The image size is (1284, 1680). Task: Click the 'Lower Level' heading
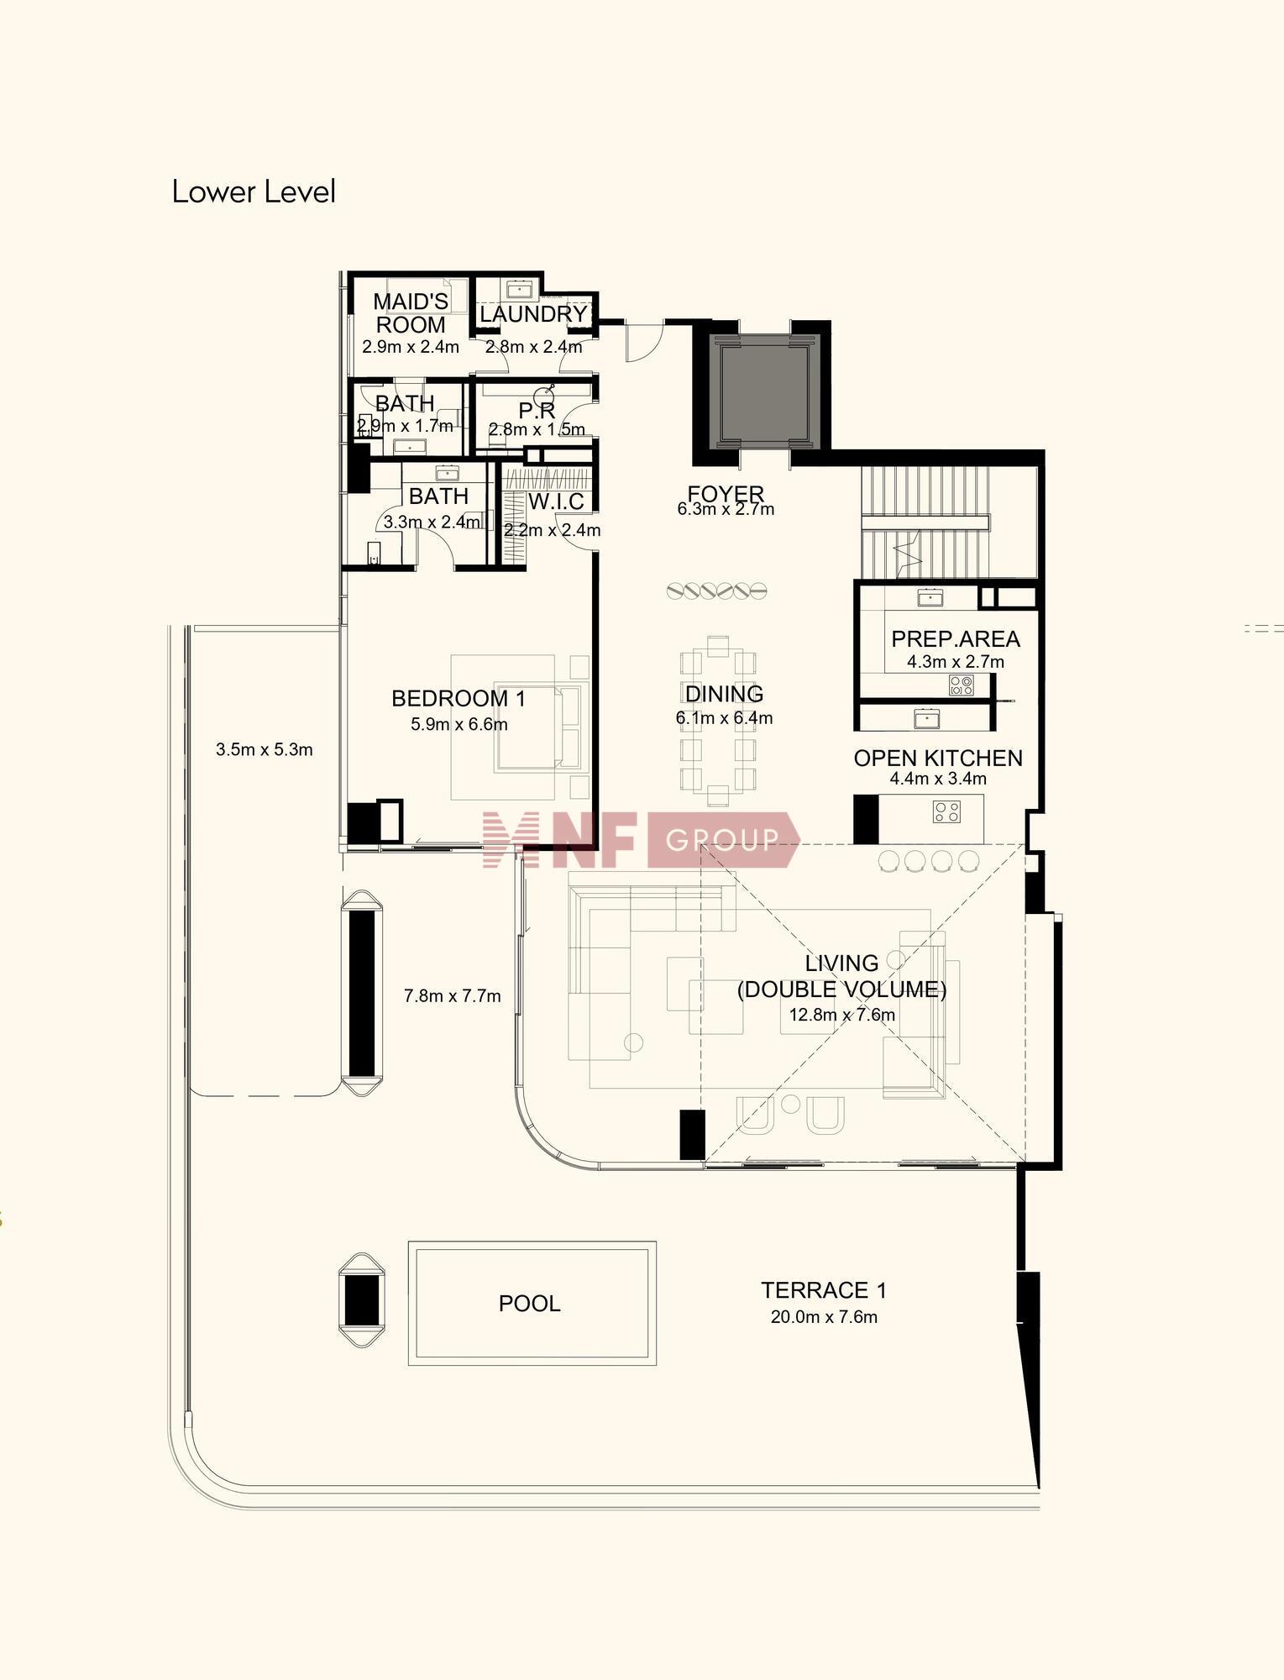254,192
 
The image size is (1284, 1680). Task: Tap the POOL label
529,1304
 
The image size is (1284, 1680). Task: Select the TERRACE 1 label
824,1290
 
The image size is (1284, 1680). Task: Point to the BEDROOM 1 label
459,698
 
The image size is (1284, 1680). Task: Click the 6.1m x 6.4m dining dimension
724,718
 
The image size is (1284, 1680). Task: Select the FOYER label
726,493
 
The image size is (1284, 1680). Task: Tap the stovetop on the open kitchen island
946,811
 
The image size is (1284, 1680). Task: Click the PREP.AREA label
956,638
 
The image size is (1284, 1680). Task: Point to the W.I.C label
556,501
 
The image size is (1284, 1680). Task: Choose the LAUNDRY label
533,314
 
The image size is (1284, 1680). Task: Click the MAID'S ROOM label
411,312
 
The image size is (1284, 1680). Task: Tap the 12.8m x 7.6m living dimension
842,1015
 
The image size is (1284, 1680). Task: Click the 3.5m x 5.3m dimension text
265,749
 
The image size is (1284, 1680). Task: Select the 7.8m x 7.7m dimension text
453,996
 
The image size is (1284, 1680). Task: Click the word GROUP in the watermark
722,839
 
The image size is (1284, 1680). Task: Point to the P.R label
537,411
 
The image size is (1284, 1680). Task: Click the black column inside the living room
692,1135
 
